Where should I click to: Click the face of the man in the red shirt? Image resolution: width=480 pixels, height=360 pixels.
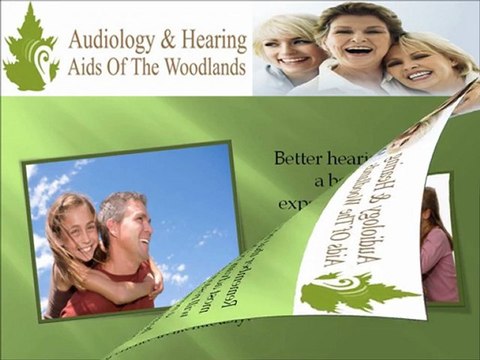click(x=133, y=229)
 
